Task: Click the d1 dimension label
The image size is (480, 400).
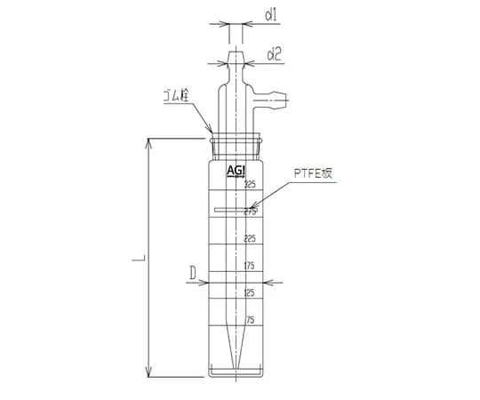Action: pyautogui.click(x=274, y=15)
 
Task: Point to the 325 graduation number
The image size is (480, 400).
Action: pyautogui.click(x=250, y=185)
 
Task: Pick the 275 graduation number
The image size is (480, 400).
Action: pyautogui.click(x=250, y=212)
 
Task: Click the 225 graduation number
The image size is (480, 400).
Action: pyautogui.click(x=250, y=238)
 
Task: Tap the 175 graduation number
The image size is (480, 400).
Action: pyautogui.click(x=250, y=265)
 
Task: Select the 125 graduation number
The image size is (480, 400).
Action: pyautogui.click(x=250, y=292)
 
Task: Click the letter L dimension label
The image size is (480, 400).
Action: pyautogui.click(x=140, y=259)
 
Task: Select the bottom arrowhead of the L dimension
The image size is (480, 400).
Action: pyautogui.click(x=148, y=373)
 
